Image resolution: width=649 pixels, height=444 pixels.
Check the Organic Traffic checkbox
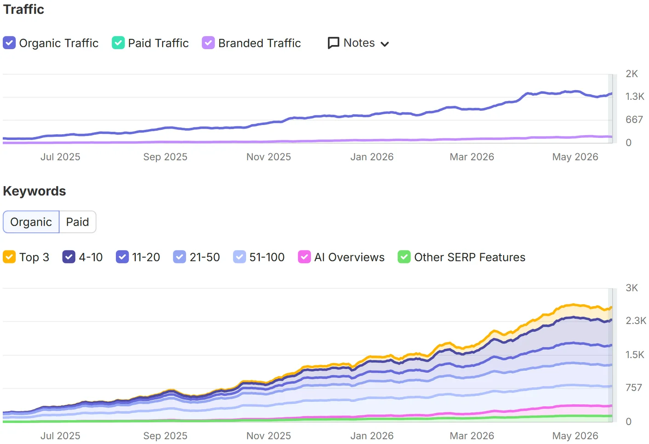click(x=9, y=43)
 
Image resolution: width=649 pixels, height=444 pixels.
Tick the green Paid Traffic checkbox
click(x=118, y=43)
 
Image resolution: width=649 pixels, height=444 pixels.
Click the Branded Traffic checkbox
click(x=208, y=43)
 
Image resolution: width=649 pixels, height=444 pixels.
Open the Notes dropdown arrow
click(x=384, y=44)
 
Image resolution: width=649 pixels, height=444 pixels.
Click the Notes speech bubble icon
click(x=334, y=43)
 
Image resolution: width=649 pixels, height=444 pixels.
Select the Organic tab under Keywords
click(x=31, y=222)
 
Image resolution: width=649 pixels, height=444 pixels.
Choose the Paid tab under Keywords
click(x=77, y=222)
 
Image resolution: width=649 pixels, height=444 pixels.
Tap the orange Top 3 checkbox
click(x=9, y=257)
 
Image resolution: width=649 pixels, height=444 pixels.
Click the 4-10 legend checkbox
click(x=68, y=257)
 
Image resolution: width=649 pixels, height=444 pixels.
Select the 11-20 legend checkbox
click(x=122, y=257)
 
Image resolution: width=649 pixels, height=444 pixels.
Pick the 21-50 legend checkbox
click(x=179, y=257)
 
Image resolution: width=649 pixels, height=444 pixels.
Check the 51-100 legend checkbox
click(x=239, y=257)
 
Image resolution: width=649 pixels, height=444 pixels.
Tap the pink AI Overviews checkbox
click(x=304, y=257)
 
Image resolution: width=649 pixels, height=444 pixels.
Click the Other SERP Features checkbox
click(x=404, y=257)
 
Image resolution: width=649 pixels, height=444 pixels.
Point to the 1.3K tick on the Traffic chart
click(x=634, y=97)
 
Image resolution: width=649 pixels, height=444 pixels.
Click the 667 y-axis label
click(x=634, y=120)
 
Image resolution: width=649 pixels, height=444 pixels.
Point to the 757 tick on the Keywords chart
click(x=634, y=388)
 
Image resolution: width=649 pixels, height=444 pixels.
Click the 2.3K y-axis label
click(x=636, y=321)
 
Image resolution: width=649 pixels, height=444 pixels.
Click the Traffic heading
click(x=23, y=10)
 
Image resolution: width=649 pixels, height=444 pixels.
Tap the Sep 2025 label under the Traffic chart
click(x=165, y=157)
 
